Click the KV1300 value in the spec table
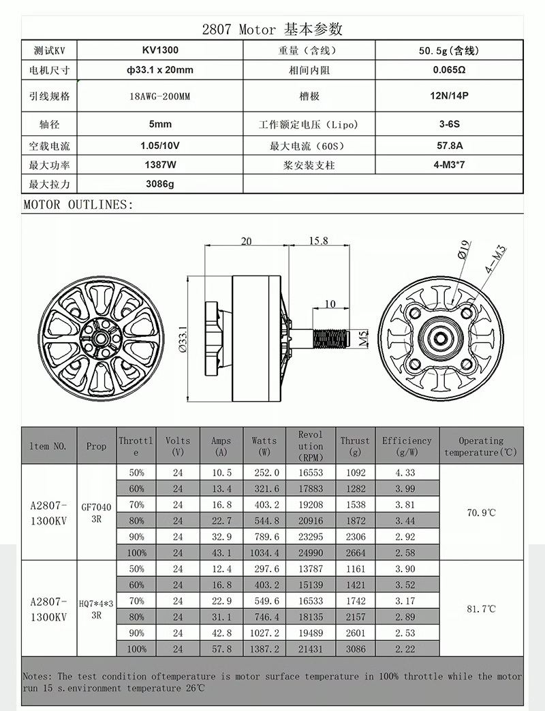click(x=160, y=50)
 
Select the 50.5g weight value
click(x=449, y=50)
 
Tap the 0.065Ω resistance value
click(x=449, y=70)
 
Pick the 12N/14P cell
click(x=449, y=96)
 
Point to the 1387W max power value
click(x=160, y=165)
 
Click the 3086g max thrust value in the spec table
click(x=160, y=184)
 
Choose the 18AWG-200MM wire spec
click(x=160, y=97)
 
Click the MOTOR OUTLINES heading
click(x=78, y=204)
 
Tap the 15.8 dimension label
click(x=318, y=241)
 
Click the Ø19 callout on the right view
click(x=463, y=250)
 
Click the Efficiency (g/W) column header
click(x=407, y=446)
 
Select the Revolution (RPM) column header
click(x=311, y=446)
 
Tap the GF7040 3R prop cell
click(x=96, y=512)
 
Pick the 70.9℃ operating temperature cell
click(x=481, y=512)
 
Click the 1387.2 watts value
click(x=265, y=649)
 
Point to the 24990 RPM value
click(x=311, y=552)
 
